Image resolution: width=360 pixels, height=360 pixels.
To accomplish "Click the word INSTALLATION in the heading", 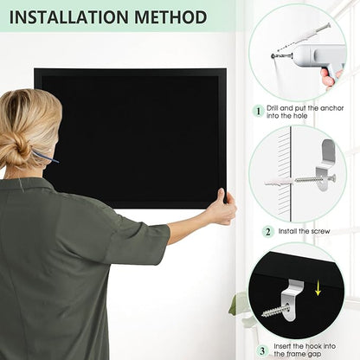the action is [x=68, y=17].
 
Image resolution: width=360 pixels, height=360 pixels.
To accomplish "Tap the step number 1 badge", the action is [x=259, y=112].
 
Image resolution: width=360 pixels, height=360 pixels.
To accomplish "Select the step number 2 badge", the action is [x=268, y=232].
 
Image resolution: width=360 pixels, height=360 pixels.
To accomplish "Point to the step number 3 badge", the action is [x=262, y=351].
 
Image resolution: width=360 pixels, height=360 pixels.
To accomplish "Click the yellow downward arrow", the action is [x=318, y=289].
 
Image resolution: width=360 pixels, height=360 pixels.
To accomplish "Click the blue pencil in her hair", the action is [x=45, y=156].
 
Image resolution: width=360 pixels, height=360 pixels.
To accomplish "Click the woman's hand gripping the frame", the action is [x=222, y=205].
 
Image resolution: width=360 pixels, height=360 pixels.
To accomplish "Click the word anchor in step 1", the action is [x=332, y=108].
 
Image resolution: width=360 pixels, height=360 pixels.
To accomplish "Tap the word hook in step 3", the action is [x=313, y=346].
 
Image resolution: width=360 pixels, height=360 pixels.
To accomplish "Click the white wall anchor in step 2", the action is [x=279, y=183].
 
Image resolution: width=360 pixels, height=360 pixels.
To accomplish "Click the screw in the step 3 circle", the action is [x=276, y=312].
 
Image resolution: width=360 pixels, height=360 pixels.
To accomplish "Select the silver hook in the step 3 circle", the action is [x=292, y=300].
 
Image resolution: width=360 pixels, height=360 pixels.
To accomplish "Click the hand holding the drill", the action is [x=331, y=77].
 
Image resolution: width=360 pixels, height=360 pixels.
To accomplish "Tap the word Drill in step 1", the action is [x=273, y=108].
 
